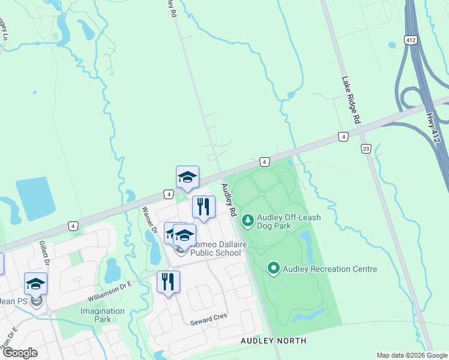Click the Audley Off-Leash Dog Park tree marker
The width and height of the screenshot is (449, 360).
point(247,221)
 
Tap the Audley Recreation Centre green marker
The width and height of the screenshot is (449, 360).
point(274,268)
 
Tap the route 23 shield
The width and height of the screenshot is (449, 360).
point(366,149)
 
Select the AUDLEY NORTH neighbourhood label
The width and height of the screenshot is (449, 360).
point(273,341)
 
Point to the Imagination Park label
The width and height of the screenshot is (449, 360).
point(102,315)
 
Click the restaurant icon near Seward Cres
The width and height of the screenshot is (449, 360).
point(168,281)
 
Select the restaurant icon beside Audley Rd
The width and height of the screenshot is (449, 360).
point(203,207)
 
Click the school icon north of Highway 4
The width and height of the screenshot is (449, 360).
point(187,177)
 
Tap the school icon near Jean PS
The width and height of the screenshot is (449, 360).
point(35,283)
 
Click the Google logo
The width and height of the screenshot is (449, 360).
point(20,353)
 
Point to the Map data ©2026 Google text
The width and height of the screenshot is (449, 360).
point(411,355)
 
